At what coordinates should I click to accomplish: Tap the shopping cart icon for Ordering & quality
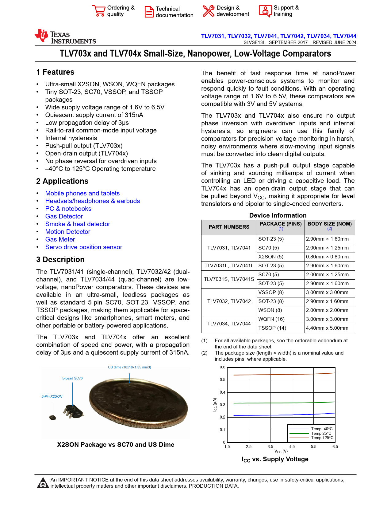[99, 11]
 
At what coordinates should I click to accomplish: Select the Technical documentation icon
[149, 12]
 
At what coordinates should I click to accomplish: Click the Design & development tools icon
[209, 11]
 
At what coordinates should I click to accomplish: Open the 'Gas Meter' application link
[60, 239]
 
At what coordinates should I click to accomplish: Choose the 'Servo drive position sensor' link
[84, 247]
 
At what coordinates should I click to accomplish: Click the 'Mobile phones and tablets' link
[82, 193]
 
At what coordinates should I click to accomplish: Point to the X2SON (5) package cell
[271, 257]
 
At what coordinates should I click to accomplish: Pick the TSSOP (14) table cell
[272, 328]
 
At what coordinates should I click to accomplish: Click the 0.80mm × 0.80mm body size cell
[327, 257]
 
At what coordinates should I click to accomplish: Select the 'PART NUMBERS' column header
[229, 227]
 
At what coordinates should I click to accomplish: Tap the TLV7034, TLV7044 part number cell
[229, 324]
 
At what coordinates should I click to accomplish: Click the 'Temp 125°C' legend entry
[322, 438]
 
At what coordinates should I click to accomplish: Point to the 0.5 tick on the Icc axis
[223, 380]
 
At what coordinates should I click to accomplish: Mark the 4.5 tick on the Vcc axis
[292, 446]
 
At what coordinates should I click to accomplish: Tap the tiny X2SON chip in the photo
[53, 417]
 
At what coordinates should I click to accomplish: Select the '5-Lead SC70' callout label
[72, 378]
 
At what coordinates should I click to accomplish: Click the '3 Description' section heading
[60, 260]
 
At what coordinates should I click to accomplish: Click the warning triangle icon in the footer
[43, 483]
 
